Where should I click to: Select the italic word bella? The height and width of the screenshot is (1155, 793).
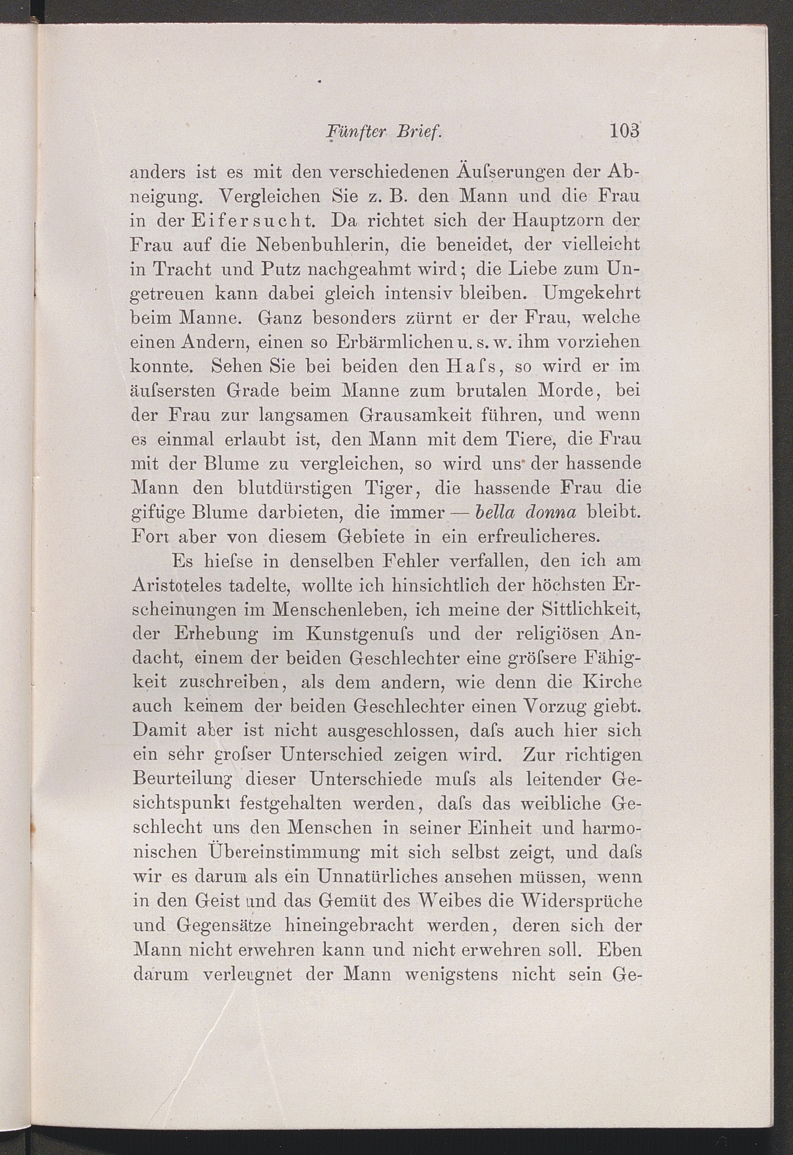(489, 513)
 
